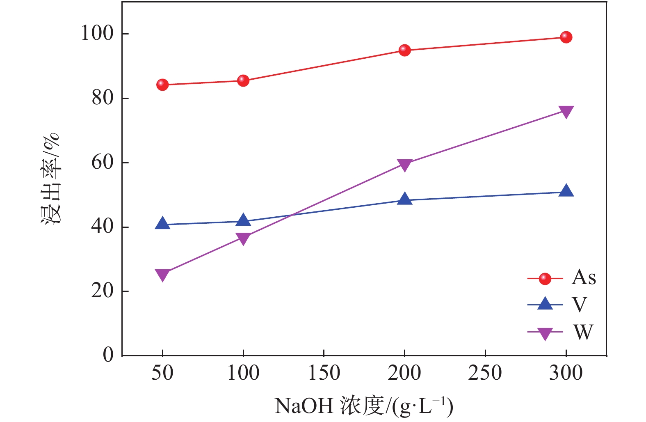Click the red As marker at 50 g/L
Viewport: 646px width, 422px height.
[x=162, y=85]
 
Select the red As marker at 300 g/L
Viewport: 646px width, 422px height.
[x=566, y=37]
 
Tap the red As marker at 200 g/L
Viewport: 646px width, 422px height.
[x=405, y=50]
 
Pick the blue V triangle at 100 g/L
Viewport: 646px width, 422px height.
[x=243, y=220]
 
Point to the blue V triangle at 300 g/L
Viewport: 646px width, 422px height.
[x=566, y=191]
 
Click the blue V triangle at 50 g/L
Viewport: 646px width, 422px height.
[x=162, y=224]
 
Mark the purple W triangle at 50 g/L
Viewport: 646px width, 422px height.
[x=162, y=275]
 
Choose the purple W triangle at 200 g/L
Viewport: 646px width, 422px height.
[x=405, y=165]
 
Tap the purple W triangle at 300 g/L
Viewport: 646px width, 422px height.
[x=566, y=112]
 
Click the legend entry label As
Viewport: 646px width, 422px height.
[x=583, y=278]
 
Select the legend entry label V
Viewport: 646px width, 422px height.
[x=580, y=305]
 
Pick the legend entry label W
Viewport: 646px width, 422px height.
[x=583, y=332]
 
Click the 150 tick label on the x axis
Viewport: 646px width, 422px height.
[x=324, y=373]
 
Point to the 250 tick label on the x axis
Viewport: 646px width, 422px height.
[x=485, y=373]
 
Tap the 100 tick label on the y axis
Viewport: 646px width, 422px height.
[x=97, y=34]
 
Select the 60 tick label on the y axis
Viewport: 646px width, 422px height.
[x=102, y=163]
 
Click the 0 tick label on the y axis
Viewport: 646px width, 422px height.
[x=108, y=355]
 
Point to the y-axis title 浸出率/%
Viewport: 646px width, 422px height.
[x=51, y=179]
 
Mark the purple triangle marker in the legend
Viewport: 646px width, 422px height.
[x=545, y=333]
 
